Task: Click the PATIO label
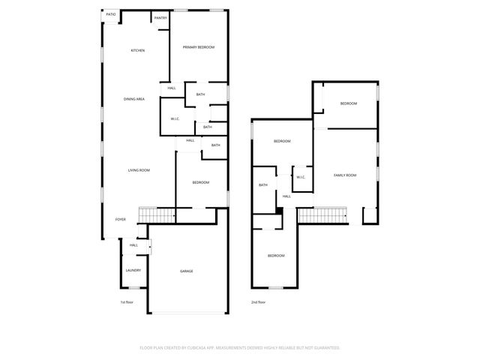[x=111, y=15]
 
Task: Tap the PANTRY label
[x=160, y=17]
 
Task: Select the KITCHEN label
[x=138, y=51]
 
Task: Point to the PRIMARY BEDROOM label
[x=199, y=47]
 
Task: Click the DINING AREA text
[x=134, y=99]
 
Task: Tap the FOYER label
[x=120, y=220]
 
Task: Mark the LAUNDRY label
[x=133, y=270]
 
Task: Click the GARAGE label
[x=186, y=271]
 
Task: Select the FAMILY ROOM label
[x=345, y=175]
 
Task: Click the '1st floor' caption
[x=127, y=302]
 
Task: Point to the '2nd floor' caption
[x=259, y=302]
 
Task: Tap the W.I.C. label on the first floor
[x=174, y=118]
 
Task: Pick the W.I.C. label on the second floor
[x=301, y=177]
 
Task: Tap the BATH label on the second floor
[x=263, y=185]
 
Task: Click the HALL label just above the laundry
[x=133, y=245]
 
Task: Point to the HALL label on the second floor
[x=286, y=196]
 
